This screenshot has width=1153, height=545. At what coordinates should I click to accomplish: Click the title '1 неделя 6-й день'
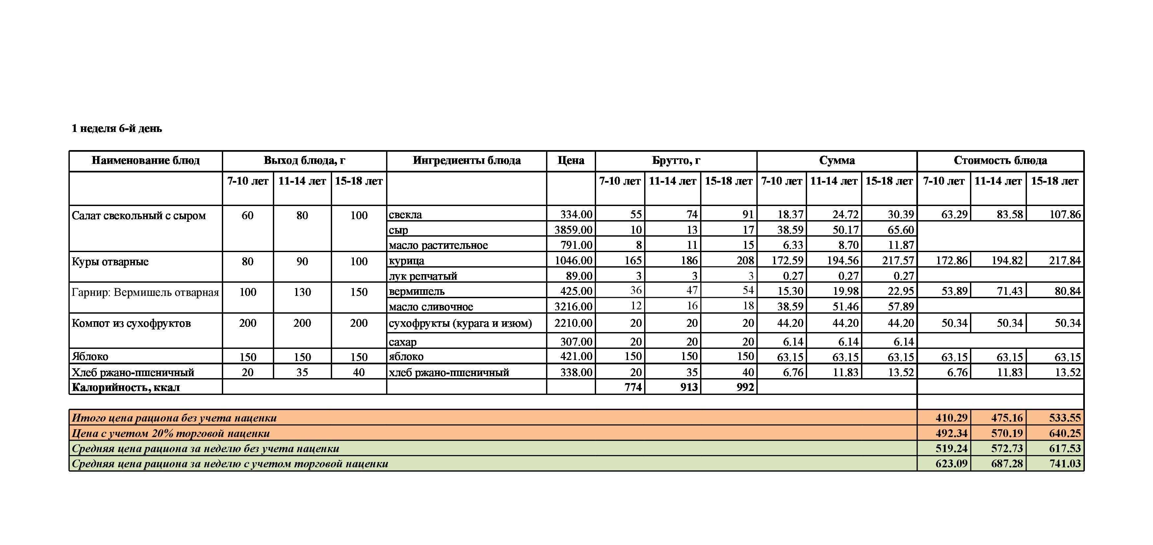(117, 128)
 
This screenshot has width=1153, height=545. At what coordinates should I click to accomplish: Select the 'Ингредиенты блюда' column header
(466, 161)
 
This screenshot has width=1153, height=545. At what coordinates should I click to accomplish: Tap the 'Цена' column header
(571, 161)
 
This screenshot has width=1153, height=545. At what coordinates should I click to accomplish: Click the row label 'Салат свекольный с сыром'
(139, 216)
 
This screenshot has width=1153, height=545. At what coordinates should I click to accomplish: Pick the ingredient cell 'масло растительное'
(438, 245)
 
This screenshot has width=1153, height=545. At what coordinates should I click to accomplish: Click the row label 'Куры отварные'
(110, 262)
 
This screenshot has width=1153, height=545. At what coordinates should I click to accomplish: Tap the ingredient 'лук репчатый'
(423, 276)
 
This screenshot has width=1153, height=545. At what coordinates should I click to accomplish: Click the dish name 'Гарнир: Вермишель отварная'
(145, 293)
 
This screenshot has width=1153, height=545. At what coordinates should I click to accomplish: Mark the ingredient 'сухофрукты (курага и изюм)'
(460, 323)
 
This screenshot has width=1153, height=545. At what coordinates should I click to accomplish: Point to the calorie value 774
(633, 387)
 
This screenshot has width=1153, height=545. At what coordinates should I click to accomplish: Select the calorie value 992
(745, 387)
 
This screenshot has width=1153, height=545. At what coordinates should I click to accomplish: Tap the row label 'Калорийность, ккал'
(126, 387)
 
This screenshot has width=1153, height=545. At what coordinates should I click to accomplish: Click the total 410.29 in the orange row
(951, 418)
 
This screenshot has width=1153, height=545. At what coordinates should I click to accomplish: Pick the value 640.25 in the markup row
(1064, 433)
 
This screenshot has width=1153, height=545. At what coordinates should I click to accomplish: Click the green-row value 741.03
(1064, 464)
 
